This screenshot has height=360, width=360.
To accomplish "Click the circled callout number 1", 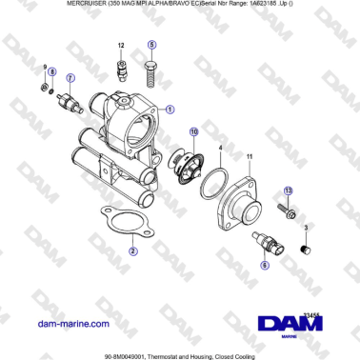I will (x=170, y=109).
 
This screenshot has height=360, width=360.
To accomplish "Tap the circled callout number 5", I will (x=151, y=46).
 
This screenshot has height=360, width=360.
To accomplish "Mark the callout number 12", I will (x=121, y=46).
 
